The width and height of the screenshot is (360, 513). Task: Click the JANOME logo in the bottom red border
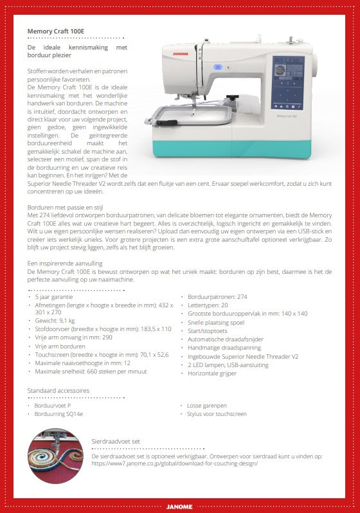[x=179, y=506]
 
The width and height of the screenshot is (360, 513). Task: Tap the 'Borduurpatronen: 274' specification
[x=217, y=297]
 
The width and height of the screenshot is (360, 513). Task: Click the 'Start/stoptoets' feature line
[x=208, y=330]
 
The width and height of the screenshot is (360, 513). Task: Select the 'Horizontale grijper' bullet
[x=213, y=372]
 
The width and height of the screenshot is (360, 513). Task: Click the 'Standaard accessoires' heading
[x=58, y=390]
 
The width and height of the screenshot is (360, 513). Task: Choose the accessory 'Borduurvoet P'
[x=53, y=406]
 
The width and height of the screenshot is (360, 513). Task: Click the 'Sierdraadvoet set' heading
[x=116, y=442]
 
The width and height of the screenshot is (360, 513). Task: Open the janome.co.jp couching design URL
[x=175, y=463]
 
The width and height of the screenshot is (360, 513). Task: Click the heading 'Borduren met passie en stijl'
[x=66, y=208]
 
